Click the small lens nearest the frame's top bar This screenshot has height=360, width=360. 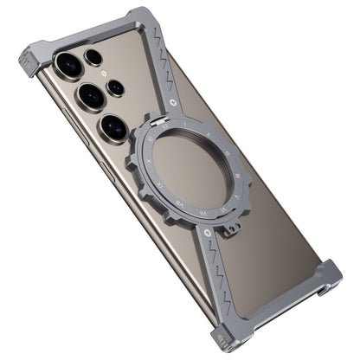pyautogui.click(x=93, y=57)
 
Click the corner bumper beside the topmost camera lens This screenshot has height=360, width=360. pyautogui.click(x=33, y=62)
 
